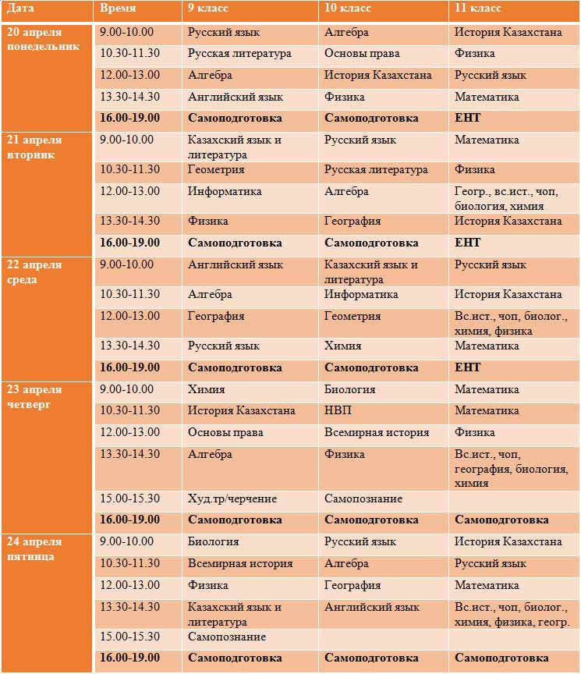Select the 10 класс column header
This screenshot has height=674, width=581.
point(348,9)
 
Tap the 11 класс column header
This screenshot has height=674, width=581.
point(478,9)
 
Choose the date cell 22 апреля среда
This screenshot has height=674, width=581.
point(34,272)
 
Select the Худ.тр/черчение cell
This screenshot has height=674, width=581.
point(232,498)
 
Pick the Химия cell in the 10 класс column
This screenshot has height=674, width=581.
point(343,346)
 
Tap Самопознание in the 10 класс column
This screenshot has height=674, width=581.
point(363,498)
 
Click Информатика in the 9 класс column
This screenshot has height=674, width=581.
point(225,191)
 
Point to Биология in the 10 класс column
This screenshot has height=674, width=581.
point(350,388)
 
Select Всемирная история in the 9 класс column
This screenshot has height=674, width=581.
point(240,563)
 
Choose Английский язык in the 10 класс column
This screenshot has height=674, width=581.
point(372,607)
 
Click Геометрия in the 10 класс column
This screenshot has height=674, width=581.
point(352,316)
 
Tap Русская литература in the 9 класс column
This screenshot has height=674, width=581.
point(239,54)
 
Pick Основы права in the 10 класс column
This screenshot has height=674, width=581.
point(362,54)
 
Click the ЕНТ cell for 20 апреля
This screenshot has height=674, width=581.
point(468,119)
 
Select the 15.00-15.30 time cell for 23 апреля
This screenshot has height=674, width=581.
point(130,498)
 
